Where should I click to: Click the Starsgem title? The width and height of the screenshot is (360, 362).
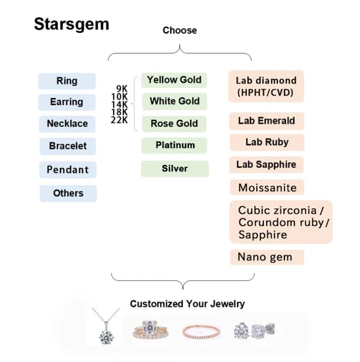(71, 24)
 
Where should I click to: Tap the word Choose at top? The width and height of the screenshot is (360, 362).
(179, 31)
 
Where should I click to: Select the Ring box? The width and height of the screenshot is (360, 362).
(67, 81)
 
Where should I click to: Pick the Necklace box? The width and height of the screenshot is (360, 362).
(67, 124)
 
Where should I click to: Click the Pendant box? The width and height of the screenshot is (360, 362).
(67, 170)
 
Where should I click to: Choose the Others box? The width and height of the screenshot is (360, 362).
(68, 193)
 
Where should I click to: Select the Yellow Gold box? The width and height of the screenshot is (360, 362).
(174, 80)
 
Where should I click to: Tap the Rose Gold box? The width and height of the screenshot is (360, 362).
(174, 124)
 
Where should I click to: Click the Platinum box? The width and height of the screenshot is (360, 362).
(175, 145)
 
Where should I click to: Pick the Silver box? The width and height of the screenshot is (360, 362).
(175, 169)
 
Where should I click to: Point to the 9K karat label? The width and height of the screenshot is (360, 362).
(122, 89)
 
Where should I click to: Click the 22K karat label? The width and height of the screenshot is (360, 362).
(120, 120)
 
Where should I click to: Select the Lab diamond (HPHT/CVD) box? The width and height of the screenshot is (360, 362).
(266, 86)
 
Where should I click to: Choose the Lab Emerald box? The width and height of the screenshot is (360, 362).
(266, 121)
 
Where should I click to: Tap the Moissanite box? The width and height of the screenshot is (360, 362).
(267, 188)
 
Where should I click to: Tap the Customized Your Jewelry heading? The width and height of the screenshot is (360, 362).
(187, 304)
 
